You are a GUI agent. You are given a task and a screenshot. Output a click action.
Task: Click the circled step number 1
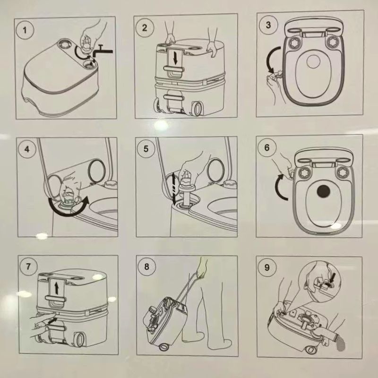26,30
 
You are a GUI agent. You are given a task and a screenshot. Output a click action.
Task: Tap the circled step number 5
146,149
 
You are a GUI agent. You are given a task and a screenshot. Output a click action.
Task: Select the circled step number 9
267,268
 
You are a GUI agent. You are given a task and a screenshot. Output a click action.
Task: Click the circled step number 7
28,266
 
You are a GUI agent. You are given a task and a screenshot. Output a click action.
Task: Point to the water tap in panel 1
103,52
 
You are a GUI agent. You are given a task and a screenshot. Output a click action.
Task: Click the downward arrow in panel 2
175,58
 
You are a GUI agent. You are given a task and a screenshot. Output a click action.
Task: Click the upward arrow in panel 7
56,288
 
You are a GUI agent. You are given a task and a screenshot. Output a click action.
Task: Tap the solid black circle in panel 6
323,191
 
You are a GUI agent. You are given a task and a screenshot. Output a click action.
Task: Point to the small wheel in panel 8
164,347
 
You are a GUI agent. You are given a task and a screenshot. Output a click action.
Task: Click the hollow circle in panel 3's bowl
313,61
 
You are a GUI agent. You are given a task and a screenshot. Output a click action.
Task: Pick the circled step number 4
27,149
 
